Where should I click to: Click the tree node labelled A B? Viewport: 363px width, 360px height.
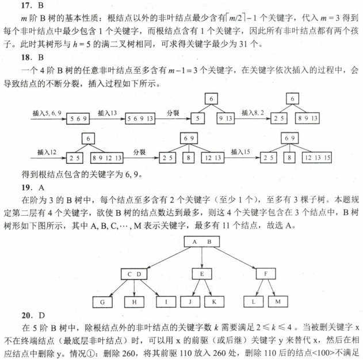point(202,242)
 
